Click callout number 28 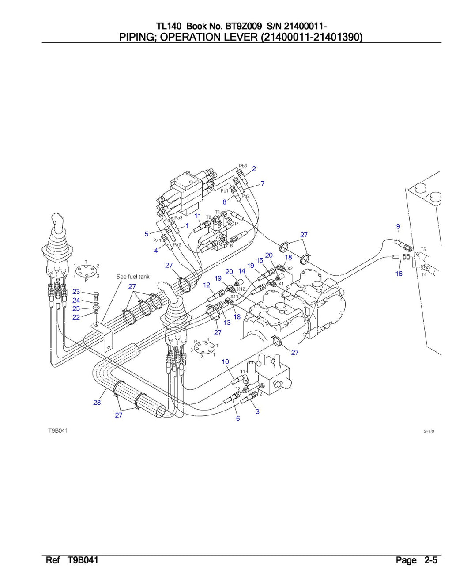coord(97,402)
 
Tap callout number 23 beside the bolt coord(76,292)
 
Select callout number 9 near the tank coord(398,226)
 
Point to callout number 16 coord(399,274)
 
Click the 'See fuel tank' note coord(133,277)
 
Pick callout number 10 coord(225,361)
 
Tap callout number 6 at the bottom coord(238,418)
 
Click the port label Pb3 coord(243,166)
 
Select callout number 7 coord(263,183)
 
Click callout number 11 coord(198,216)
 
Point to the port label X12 coord(241,289)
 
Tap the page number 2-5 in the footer coord(430,561)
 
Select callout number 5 coord(147,234)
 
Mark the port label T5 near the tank coord(423,250)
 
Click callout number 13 coord(227,323)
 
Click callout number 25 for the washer coord(76,308)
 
